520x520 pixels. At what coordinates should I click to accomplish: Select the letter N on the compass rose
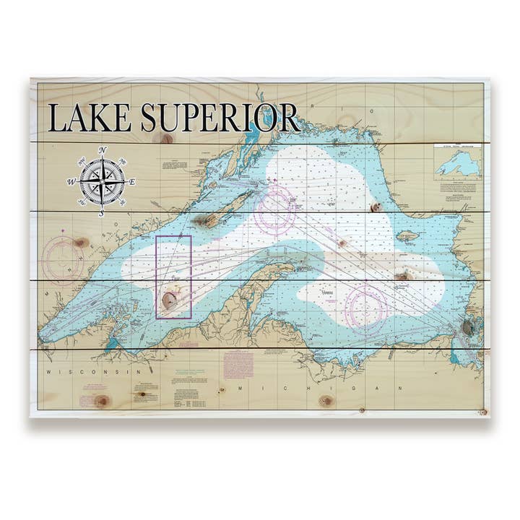[103, 150]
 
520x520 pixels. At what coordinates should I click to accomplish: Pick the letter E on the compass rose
[133, 182]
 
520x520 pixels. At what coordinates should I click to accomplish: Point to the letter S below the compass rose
[102, 213]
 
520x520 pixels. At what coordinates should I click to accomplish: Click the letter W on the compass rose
[71, 182]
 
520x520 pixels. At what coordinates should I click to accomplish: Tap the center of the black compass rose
[102, 181]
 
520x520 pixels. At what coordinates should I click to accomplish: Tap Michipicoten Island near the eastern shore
[407, 235]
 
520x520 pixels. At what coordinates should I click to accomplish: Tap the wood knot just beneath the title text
[167, 138]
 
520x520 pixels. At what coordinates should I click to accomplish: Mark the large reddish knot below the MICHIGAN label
[327, 400]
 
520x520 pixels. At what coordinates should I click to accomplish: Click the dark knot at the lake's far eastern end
[468, 329]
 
